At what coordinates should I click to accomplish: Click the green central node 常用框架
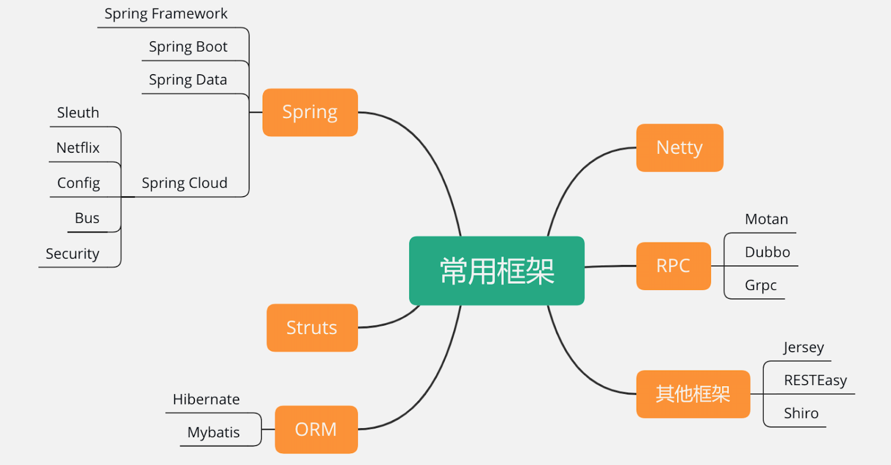pyautogui.click(x=496, y=271)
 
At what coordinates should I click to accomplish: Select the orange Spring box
pyautogui.click(x=310, y=112)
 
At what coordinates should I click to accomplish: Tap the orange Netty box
pyautogui.click(x=679, y=148)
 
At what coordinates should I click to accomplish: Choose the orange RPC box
pyautogui.click(x=673, y=266)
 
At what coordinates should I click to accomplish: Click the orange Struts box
pyautogui.click(x=312, y=327)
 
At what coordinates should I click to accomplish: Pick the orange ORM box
pyautogui.click(x=316, y=429)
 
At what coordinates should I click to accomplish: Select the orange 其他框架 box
pyautogui.click(x=693, y=394)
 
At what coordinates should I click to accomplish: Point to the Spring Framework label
pyautogui.click(x=166, y=14)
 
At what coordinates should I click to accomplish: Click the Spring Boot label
pyautogui.click(x=188, y=47)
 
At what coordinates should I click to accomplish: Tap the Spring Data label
pyautogui.click(x=188, y=80)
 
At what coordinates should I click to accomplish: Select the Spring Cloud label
pyautogui.click(x=184, y=183)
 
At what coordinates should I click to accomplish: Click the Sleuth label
pyautogui.click(x=78, y=113)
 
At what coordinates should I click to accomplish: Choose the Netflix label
pyautogui.click(x=78, y=148)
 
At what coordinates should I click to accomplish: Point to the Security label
pyautogui.click(x=72, y=254)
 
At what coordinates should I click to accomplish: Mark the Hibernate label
pyautogui.click(x=206, y=399)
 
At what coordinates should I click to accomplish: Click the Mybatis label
pyautogui.click(x=214, y=432)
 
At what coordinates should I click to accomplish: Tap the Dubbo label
pyautogui.click(x=767, y=252)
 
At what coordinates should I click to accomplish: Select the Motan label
pyautogui.click(x=766, y=219)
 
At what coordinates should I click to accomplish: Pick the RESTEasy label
pyautogui.click(x=815, y=380)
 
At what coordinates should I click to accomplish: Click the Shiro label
pyautogui.click(x=801, y=413)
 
